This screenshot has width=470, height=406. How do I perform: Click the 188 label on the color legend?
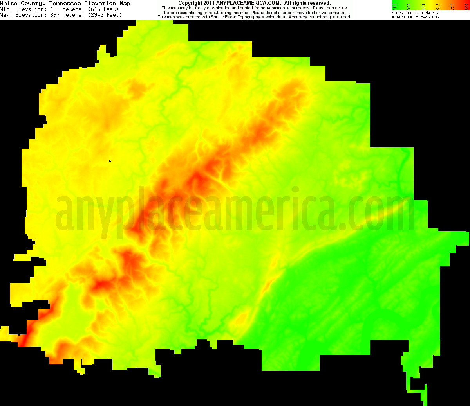(394, 6)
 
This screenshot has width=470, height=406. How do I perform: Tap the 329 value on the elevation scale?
(409, 6)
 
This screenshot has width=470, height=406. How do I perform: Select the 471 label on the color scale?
(423, 6)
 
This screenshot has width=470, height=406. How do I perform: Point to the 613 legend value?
(438, 6)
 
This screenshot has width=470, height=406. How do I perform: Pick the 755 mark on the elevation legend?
(452, 6)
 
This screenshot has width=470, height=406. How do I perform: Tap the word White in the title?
(9, 3)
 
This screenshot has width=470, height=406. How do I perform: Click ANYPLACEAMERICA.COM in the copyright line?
(248, 3)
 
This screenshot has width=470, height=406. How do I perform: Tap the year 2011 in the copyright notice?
(209, 3)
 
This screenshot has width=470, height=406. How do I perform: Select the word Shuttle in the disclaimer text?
(222, 17)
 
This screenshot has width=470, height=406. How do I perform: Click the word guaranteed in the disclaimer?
(337, 17)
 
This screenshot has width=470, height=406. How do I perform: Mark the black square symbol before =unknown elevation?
(393, 17)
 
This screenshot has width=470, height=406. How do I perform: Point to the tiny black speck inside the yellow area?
(110, 161)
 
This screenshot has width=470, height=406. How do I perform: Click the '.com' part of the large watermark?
(376, 213)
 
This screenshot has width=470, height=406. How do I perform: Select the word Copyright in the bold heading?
(190, 3)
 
